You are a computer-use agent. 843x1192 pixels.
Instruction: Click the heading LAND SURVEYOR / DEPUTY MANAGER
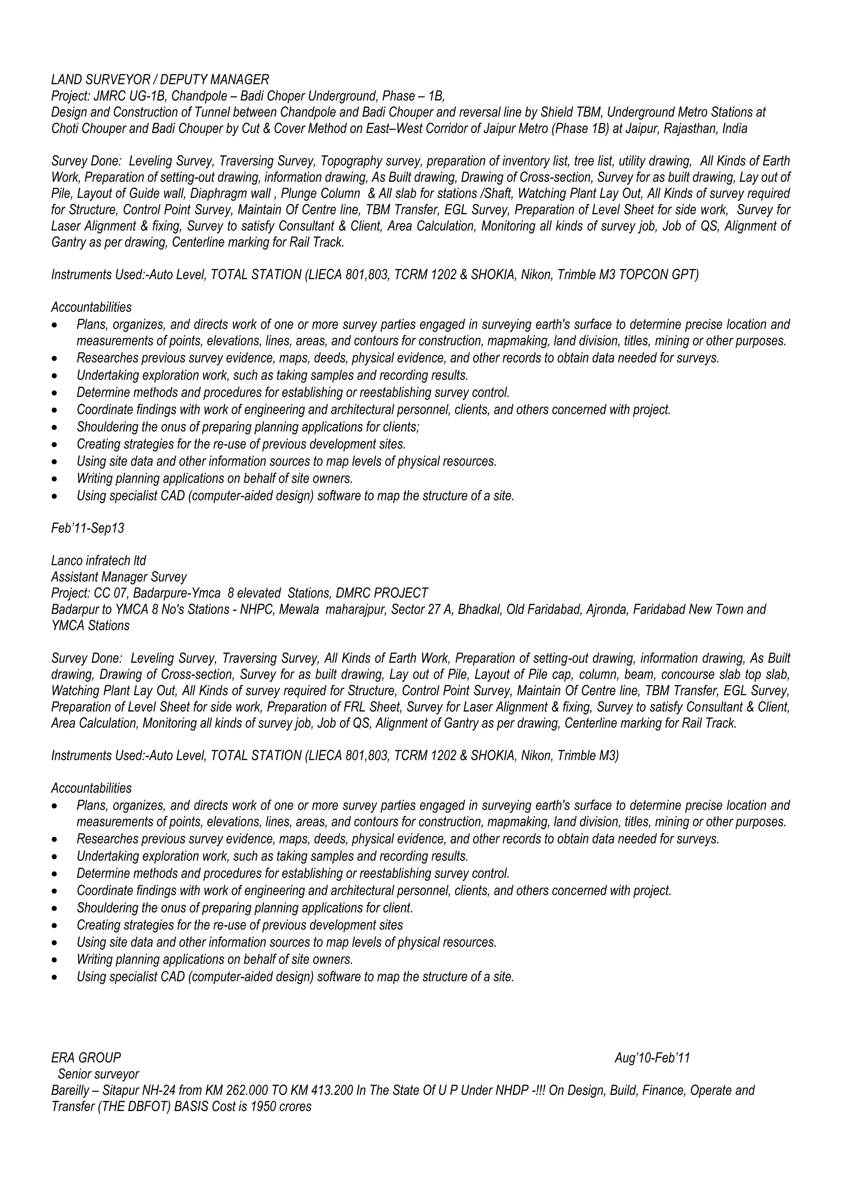160,79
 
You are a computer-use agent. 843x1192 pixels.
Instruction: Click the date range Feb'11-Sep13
87,528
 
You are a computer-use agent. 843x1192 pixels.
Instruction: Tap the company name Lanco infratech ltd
99,561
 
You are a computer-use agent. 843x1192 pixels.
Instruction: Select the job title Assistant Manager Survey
119,577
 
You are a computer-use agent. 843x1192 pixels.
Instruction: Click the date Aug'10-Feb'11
652,1057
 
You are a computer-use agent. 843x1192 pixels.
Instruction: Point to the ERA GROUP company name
86,1057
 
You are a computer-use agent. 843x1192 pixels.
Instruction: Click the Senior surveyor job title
98,1073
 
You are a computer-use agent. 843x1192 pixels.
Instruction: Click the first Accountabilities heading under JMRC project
91,307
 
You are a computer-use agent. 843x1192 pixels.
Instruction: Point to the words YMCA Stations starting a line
90,626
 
